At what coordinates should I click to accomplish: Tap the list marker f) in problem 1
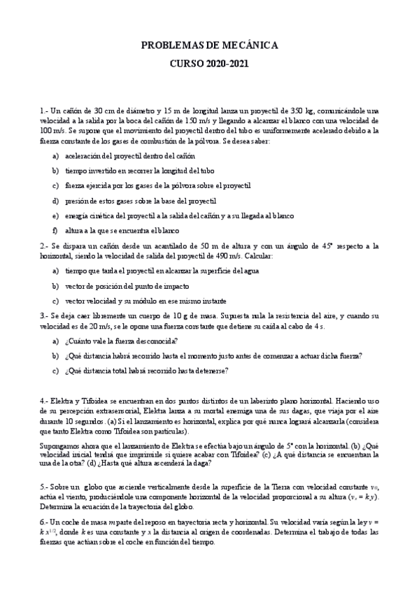(x=55, y=230)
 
